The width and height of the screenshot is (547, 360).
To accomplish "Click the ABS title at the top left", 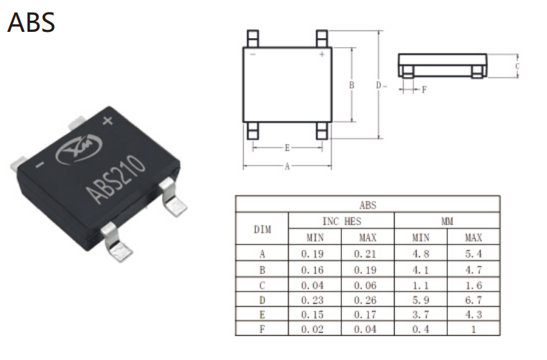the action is click(31, 22).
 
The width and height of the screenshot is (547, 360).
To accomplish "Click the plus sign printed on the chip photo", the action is click(108, 120).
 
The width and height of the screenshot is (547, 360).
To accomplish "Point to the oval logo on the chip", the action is click(79, 149).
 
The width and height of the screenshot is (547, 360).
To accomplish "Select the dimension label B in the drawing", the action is click(352, 84).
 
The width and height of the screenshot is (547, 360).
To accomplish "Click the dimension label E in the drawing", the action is click(287, 148).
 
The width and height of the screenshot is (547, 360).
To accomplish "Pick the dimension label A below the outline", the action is click(287, 166).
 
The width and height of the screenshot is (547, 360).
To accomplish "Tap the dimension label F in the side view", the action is click(424, 90).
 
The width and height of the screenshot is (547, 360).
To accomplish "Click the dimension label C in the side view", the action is click(517, 66).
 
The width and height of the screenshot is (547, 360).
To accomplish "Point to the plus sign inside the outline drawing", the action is click(322, 54).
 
